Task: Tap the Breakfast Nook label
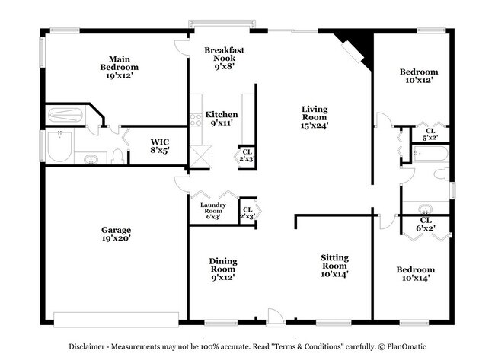tap(224, 57)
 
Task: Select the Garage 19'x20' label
tap(117, 234)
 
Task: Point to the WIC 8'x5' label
tap(159, 145)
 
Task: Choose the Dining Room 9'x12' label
tap(223, 269)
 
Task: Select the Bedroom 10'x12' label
tap(419, 78)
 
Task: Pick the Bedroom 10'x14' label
tap(415, 274)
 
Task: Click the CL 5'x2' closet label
tap(430, 134)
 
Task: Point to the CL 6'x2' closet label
tap(425, 225)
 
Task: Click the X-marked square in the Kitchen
tap(200, 156)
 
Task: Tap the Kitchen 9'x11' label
tap(222, 118)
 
